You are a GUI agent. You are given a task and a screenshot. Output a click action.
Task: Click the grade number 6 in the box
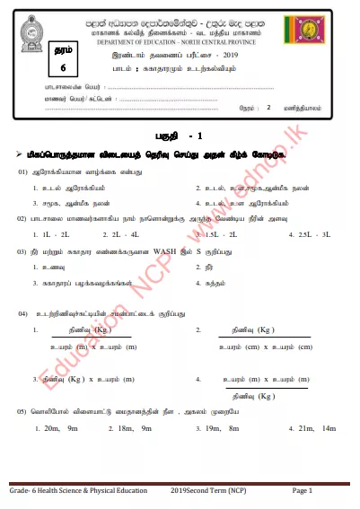click(38, 68)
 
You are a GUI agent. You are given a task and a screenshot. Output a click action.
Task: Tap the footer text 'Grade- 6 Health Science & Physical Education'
click(78, 491)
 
